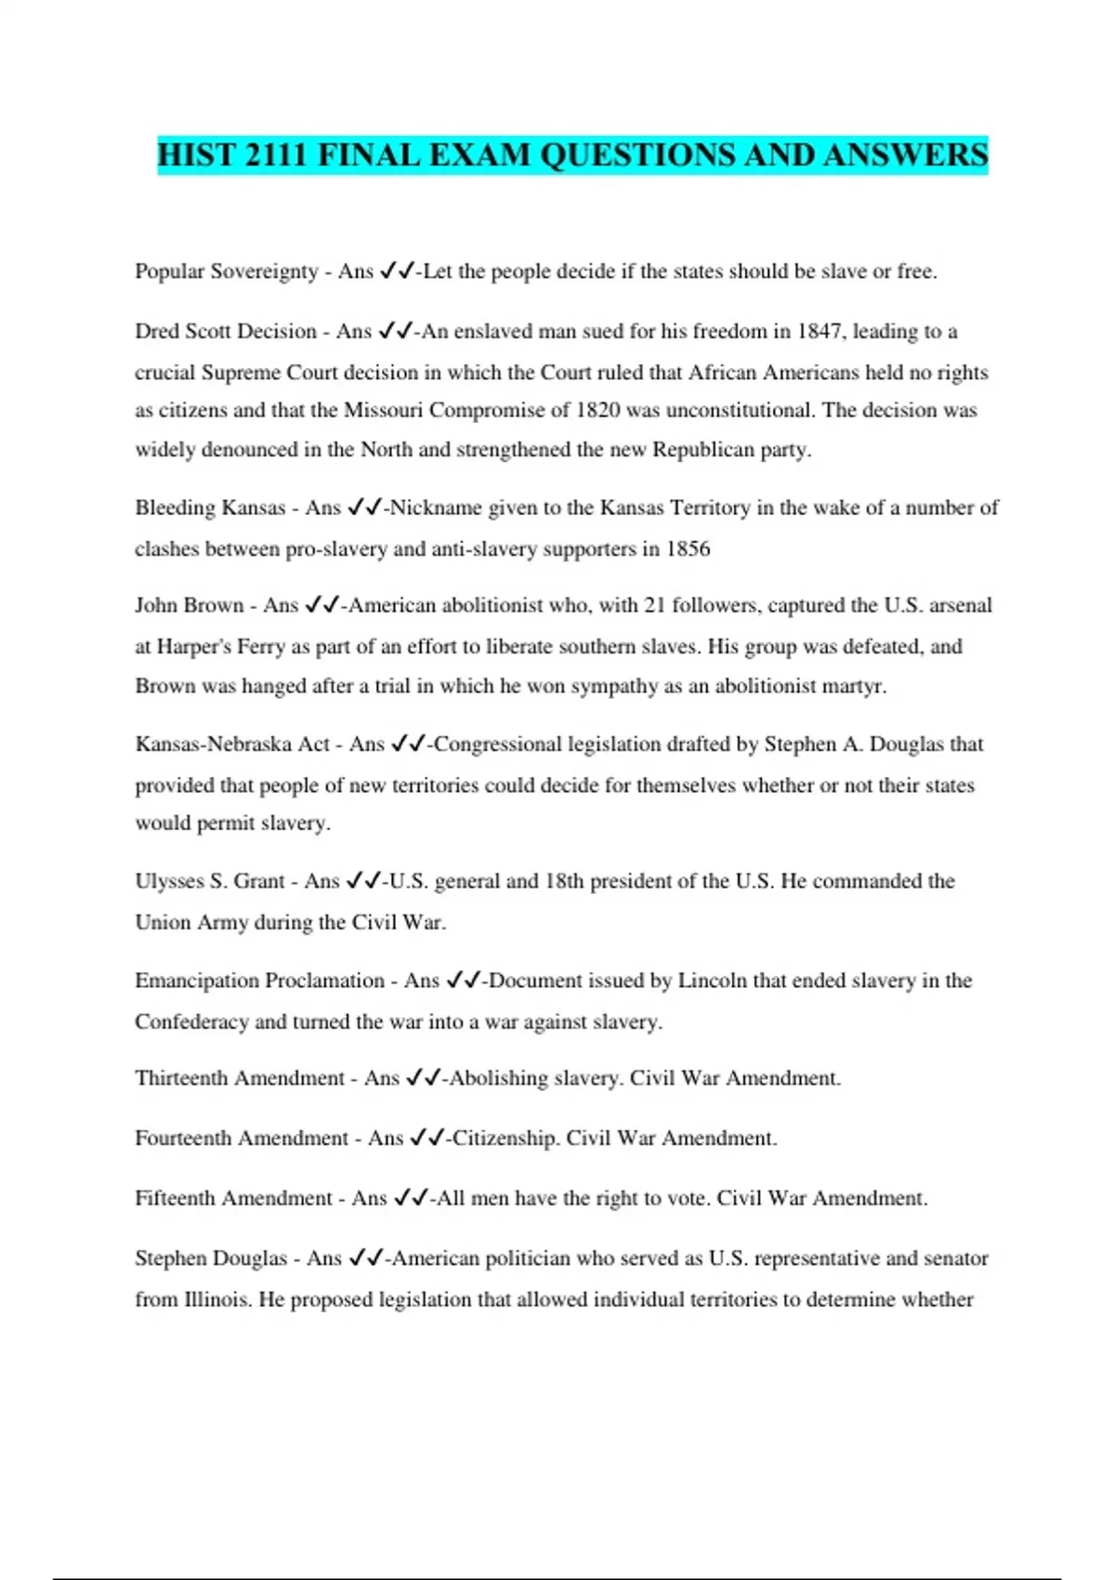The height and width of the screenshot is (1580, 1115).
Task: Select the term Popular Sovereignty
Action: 227,271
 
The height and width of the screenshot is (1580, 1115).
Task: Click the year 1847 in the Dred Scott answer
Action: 819,332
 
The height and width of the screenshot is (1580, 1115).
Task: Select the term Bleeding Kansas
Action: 210,507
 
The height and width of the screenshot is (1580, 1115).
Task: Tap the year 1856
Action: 688,548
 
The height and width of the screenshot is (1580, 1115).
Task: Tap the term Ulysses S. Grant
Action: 210,881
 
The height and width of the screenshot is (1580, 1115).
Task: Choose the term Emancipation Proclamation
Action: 259,981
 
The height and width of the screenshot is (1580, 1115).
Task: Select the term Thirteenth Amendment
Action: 240,1078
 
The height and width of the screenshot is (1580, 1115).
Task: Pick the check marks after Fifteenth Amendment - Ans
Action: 411,1198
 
